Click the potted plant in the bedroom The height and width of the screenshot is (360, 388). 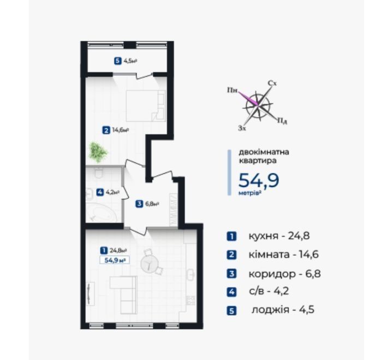[98, 152]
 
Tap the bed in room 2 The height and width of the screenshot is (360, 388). [146, 106]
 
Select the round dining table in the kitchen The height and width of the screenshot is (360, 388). [149, 264]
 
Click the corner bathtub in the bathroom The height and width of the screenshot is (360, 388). [102, 213]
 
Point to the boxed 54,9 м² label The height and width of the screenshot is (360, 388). [114, 260]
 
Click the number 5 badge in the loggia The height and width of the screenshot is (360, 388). [118, 61]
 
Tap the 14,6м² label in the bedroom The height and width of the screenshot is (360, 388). [120, 130]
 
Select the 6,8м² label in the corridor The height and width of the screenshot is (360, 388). [152, 204]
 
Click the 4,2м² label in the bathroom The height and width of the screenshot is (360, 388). [112, 192]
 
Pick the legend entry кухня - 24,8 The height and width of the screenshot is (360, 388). [279, 236]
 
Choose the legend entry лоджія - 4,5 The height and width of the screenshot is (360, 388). [283, 310]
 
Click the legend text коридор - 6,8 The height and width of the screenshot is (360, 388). [284, 274]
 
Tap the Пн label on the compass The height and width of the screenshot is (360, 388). [232, 90]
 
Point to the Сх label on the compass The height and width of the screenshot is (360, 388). [272, 83]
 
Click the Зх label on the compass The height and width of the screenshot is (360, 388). [242, 128]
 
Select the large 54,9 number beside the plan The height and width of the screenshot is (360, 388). [259, 180]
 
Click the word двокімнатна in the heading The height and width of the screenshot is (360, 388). [264, 152]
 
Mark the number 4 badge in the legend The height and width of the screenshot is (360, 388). [231, 292]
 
